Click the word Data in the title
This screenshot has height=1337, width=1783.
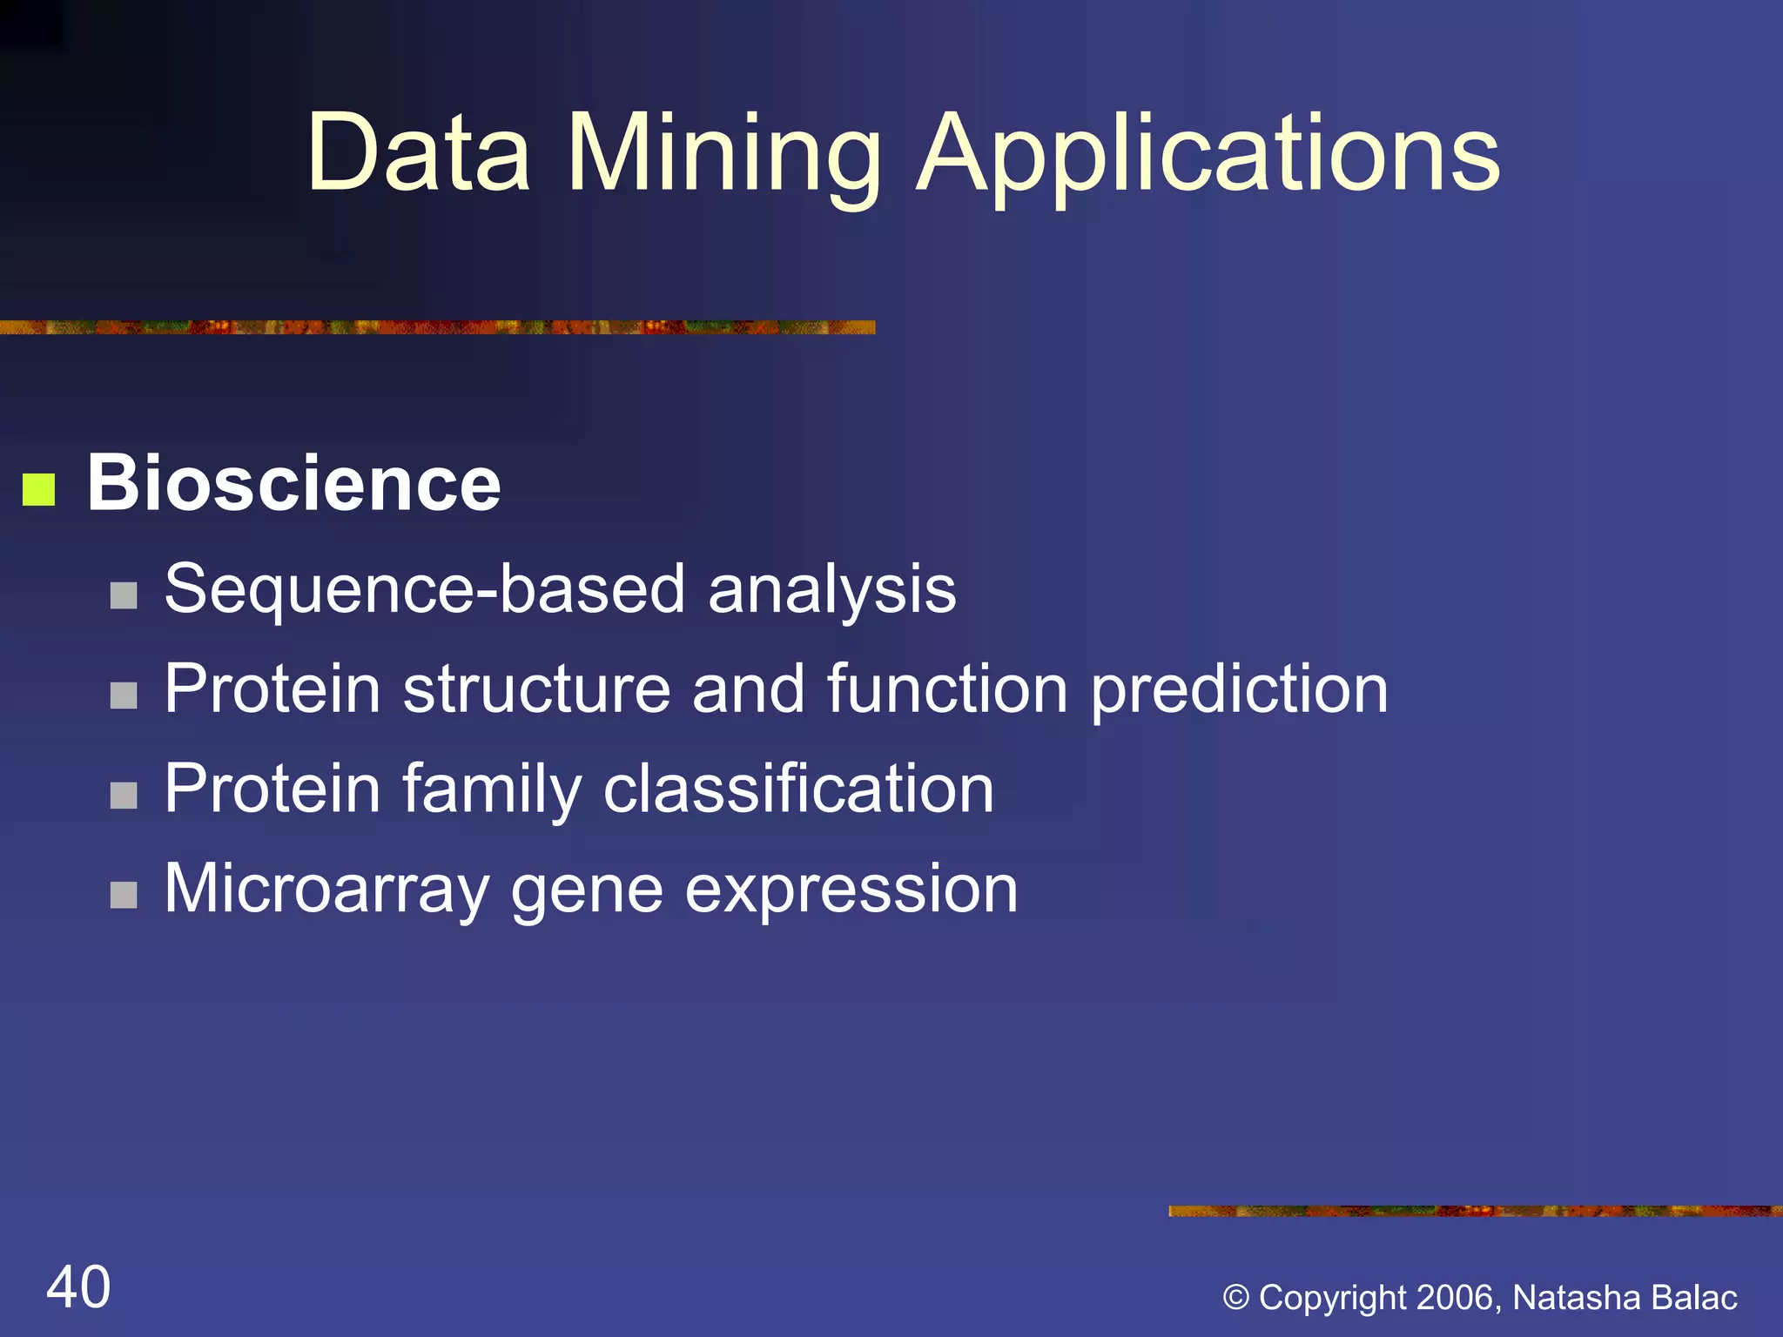pos(418,154)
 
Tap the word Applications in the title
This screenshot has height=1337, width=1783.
pos(1208,154)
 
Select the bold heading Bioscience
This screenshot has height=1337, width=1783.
pos(293,483)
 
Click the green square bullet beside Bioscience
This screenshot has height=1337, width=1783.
pos(38,489)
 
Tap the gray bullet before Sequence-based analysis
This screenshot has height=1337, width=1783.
pos(124,595)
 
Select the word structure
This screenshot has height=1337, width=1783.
pos(536,689)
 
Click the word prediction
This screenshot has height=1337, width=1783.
pos(1239,689)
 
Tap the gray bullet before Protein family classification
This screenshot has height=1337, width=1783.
pos(124,795)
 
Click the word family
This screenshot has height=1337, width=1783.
pos(492,789)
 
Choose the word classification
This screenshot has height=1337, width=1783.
pos(798,789)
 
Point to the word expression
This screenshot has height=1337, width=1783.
pos(851,889)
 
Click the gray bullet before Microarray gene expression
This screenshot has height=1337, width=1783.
pos(124,895)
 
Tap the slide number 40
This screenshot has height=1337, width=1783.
pos(78,1287)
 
